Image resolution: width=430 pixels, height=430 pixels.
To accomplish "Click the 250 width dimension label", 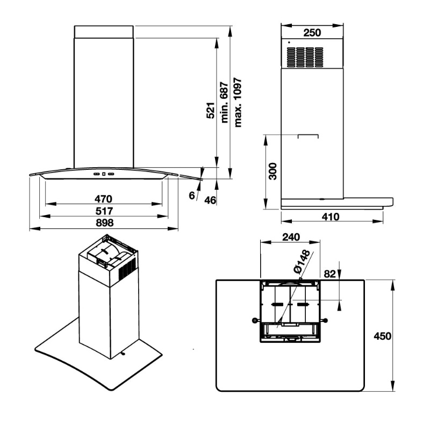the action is tap(312, 33).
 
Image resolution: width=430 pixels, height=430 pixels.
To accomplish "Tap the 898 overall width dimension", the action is tap(104, 223).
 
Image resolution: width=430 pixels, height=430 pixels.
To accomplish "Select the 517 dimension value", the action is tap(104, 211).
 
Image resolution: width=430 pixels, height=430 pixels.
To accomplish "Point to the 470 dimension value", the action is tap(103, 198).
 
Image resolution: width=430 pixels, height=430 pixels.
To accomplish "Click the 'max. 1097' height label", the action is tap(238, 103).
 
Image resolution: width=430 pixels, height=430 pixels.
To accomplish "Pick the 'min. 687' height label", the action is tap(224, 102).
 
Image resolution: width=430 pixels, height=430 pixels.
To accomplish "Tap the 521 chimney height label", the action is tap(211, 110).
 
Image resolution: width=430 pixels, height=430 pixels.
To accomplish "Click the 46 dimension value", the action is tap(210, 200).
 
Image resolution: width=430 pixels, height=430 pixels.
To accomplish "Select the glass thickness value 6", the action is tap(192, 196).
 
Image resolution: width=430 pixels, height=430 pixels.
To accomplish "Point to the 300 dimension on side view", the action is tap(273, 171).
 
